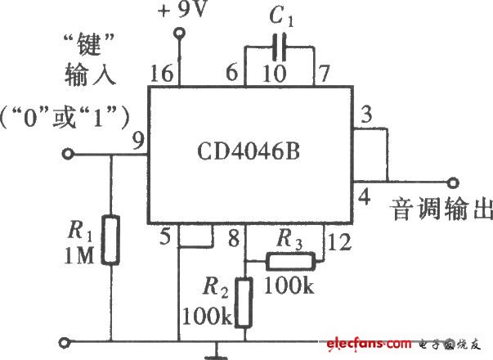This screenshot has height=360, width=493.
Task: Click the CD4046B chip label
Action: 249,151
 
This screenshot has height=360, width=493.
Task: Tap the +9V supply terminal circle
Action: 180,33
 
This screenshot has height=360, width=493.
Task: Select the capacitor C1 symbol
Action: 279,47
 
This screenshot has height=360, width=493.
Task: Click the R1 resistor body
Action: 110,240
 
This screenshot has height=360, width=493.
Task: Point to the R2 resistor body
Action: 244,303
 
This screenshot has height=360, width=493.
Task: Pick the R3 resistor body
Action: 291,261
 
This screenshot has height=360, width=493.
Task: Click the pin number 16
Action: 162,74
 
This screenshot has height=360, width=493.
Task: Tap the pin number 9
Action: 138,141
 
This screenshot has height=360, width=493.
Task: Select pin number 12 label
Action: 339,241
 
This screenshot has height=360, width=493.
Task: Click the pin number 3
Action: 366,115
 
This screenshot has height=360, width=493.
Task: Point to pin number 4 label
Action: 365,196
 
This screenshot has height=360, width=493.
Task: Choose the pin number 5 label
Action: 165,236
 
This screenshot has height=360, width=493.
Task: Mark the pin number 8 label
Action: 234,238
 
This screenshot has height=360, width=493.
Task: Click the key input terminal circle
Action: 68,154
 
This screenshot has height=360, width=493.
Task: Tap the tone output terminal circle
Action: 453,182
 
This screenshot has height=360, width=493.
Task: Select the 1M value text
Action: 79,255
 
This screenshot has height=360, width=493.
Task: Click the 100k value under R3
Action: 289,286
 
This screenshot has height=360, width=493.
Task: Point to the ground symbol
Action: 216,352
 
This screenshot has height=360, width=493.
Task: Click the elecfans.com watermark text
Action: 369,344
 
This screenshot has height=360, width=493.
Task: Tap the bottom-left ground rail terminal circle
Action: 65,342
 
